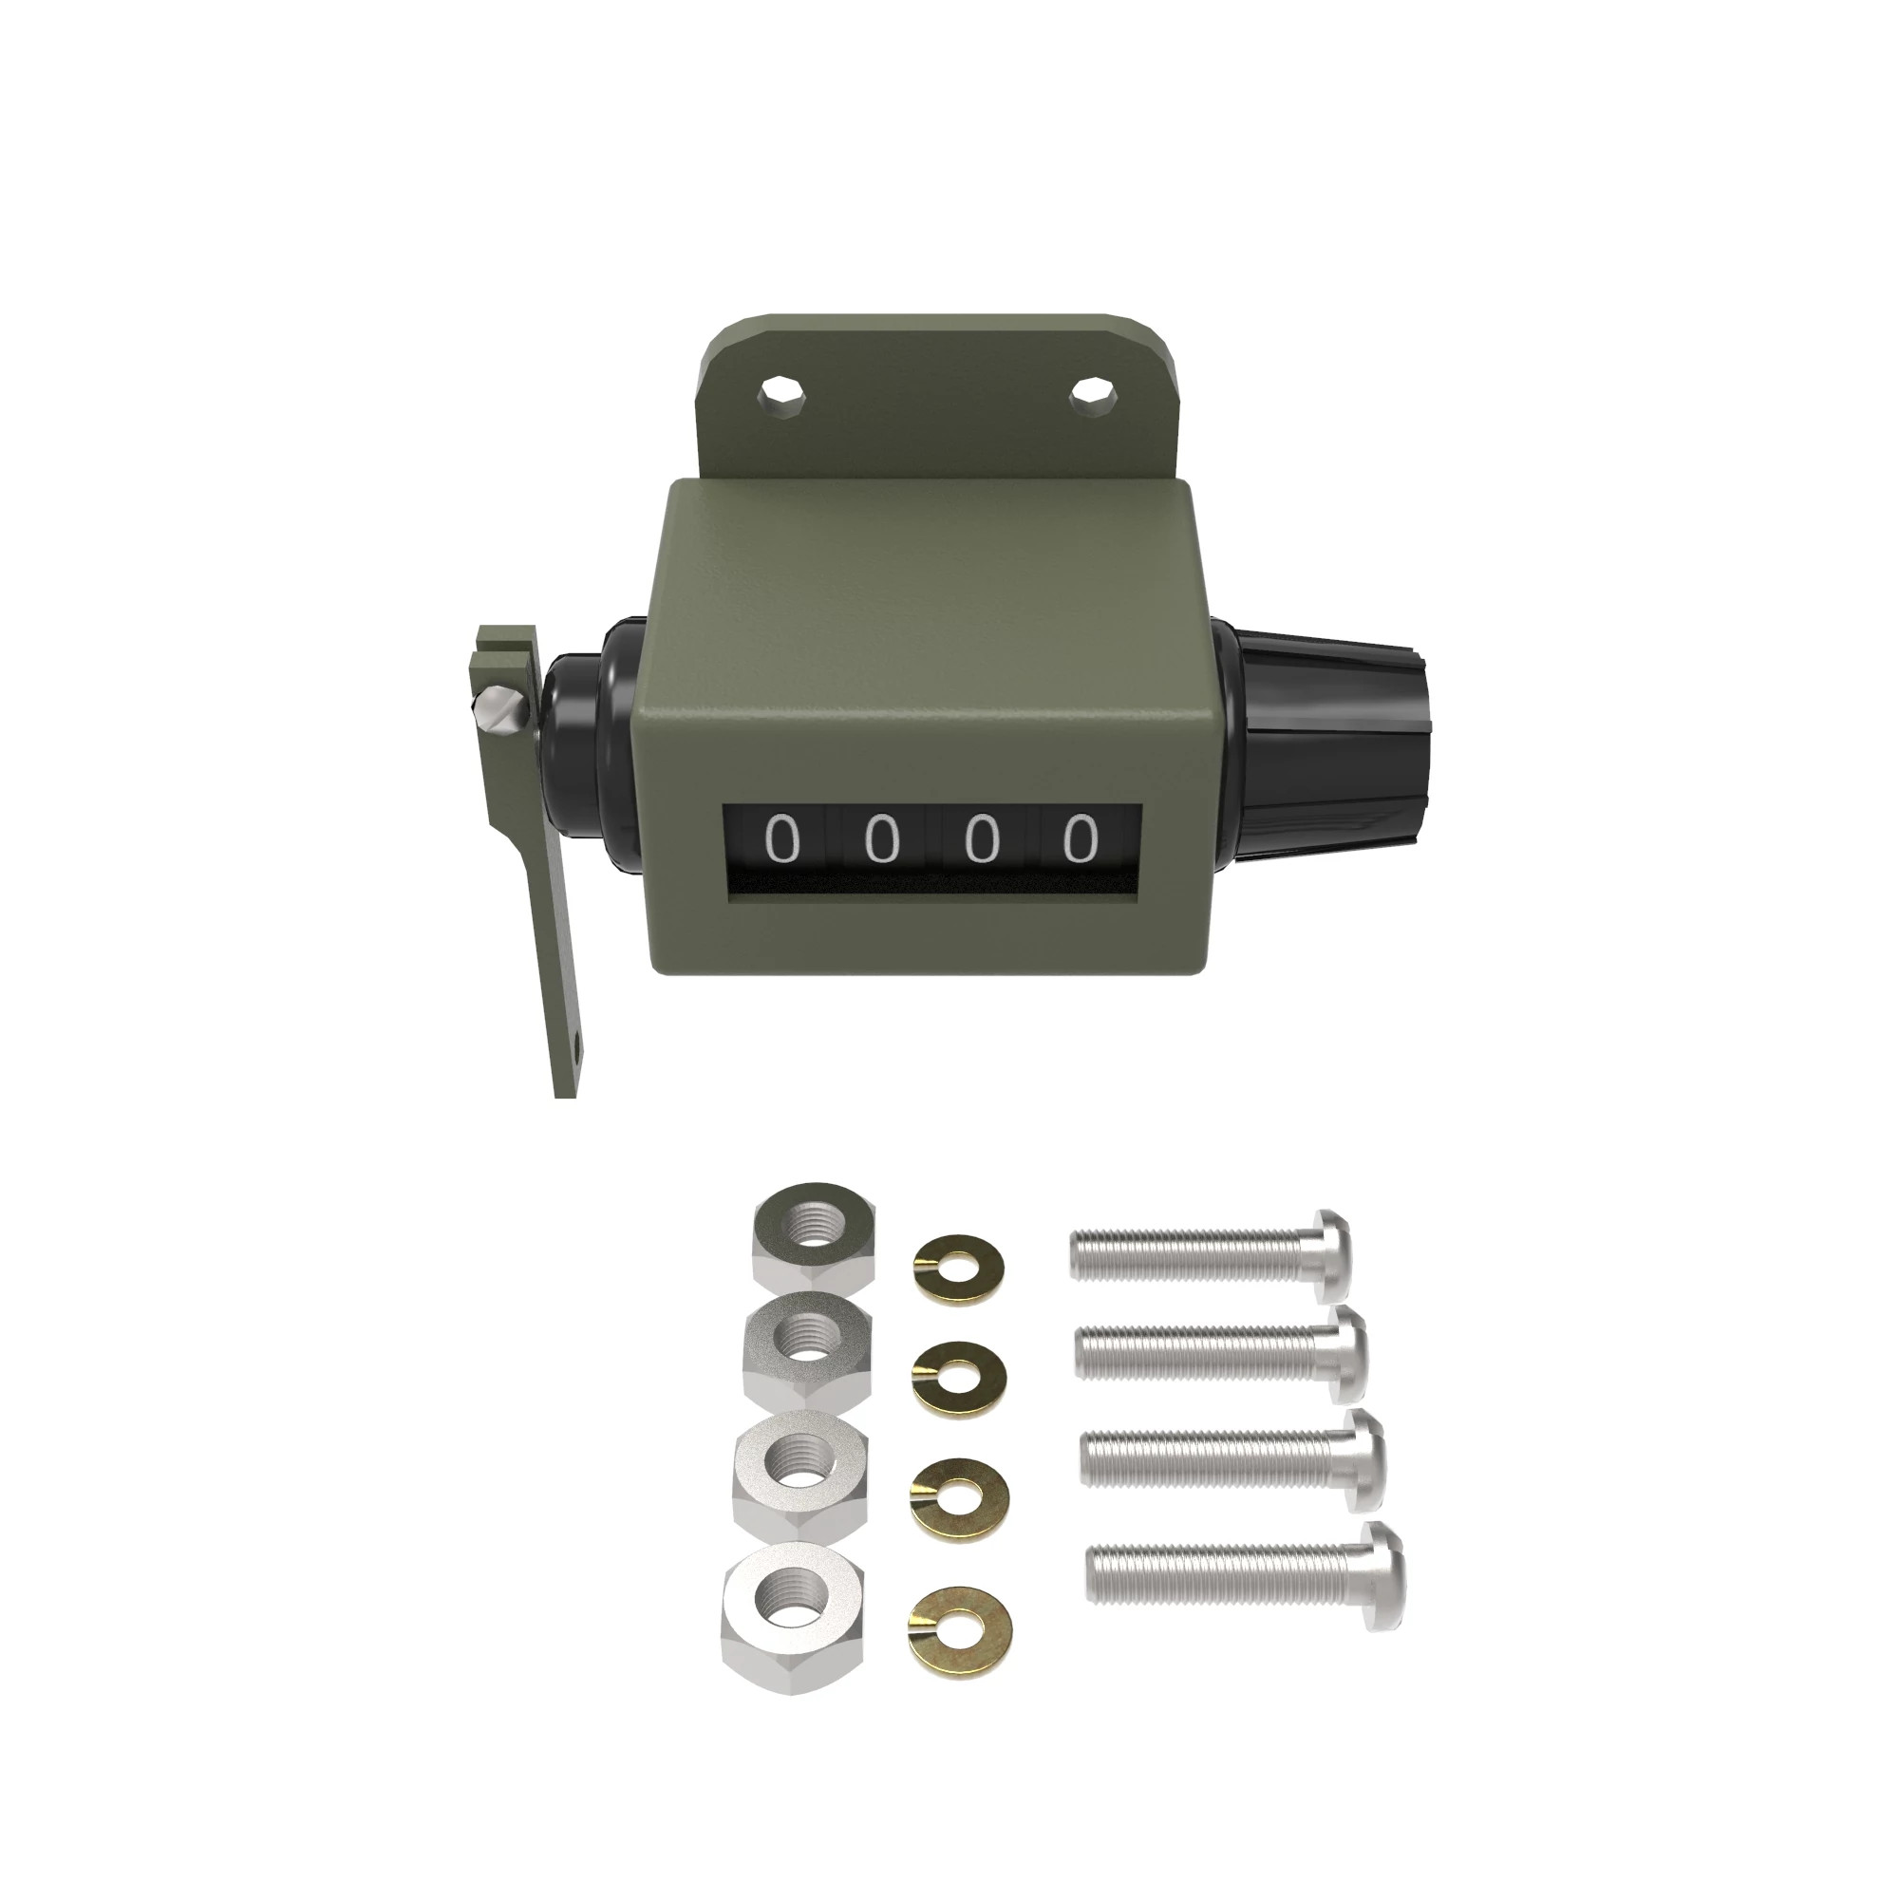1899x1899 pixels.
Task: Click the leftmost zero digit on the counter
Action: click(782, 838)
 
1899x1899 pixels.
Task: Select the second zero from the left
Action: click(882, 838)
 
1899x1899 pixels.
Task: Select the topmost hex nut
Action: click(813, 1234)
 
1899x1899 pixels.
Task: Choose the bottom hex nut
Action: click(792, 1613)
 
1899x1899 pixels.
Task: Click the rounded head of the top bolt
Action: click(1331, 1253)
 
